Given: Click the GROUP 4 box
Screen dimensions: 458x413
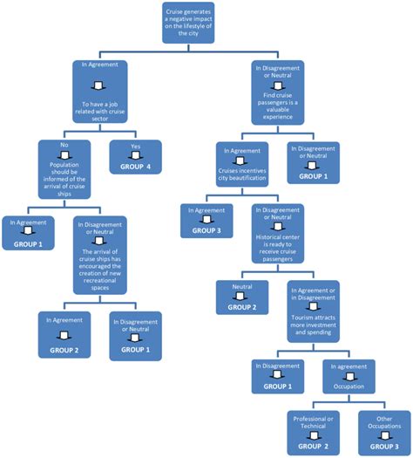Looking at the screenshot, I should coord(130,156).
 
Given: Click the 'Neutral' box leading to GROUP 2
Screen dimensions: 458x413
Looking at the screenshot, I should coord(241,297).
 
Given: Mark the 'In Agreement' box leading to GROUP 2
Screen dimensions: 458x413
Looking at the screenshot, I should coord(64,334).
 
